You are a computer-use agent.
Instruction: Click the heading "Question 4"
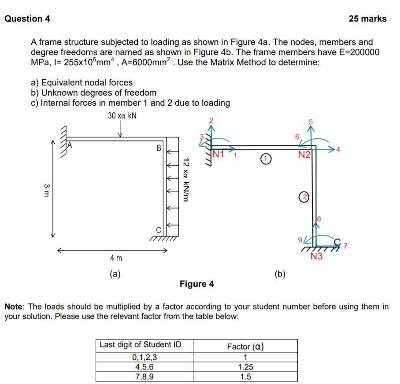pyautogui.click(x=27, y=18)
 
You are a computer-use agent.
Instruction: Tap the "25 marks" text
pyautogui.click(x=367, y=18)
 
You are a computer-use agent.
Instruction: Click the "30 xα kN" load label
pyautogui.click(x=122, y=116)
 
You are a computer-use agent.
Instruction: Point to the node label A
pyautogui.click(x=69, y=144)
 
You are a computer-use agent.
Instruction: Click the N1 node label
pyautogui.click(x=219, y=154)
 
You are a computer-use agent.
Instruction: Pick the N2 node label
pyautogui.click(x=304, y=154)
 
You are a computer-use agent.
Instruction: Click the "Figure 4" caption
pyautogui.click(x=196, y=284)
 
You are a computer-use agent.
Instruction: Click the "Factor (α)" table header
pyautogui.click(x=245, y=346)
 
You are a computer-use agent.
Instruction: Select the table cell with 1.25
pyautogui.click(x=245, y=367)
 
